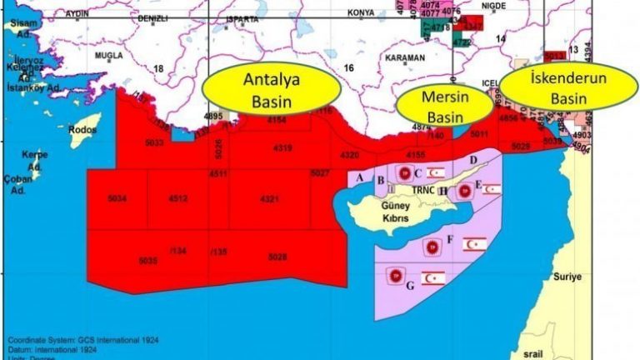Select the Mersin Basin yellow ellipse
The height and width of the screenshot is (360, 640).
click(x=444, y=105)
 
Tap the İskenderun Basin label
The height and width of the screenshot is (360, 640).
click(x=568, y=87)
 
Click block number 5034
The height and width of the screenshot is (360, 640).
click(x=117, y=198)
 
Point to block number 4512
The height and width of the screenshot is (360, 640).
click(x=177, y=198)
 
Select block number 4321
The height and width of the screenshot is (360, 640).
click(x=269, y=199)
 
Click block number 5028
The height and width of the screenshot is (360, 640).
click(x=277, y=257)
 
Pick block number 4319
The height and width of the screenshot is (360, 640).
click(x=282, y=148)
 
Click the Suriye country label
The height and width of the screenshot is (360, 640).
click(x=569, y=276)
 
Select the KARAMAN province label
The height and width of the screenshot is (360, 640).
click(x=405, y=57)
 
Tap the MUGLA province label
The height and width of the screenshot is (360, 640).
click(x=108, y=56)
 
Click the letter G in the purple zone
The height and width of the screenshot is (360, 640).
click(x=409, y=286)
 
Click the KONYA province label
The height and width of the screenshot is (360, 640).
click(x=361, y=13)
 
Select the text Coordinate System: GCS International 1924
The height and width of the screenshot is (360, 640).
click(x=83, y=340)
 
